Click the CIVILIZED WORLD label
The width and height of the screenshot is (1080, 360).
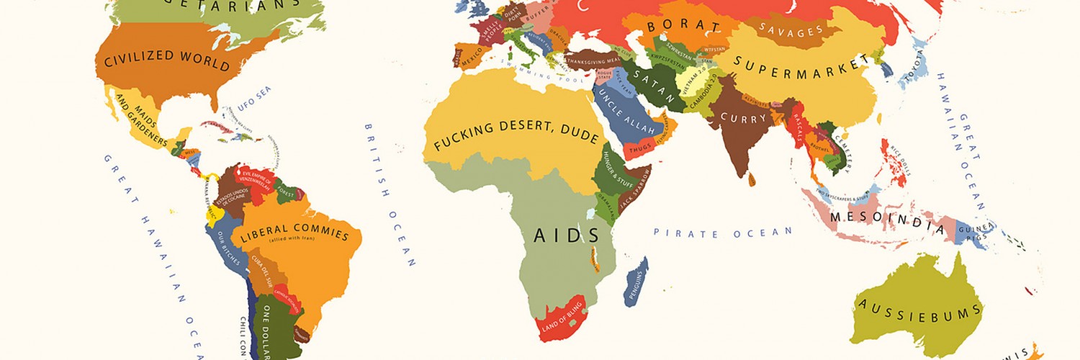166,60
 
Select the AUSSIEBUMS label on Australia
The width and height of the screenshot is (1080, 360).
918,311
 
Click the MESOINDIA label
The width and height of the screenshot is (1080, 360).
886,221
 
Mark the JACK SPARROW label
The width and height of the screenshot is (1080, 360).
636,188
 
